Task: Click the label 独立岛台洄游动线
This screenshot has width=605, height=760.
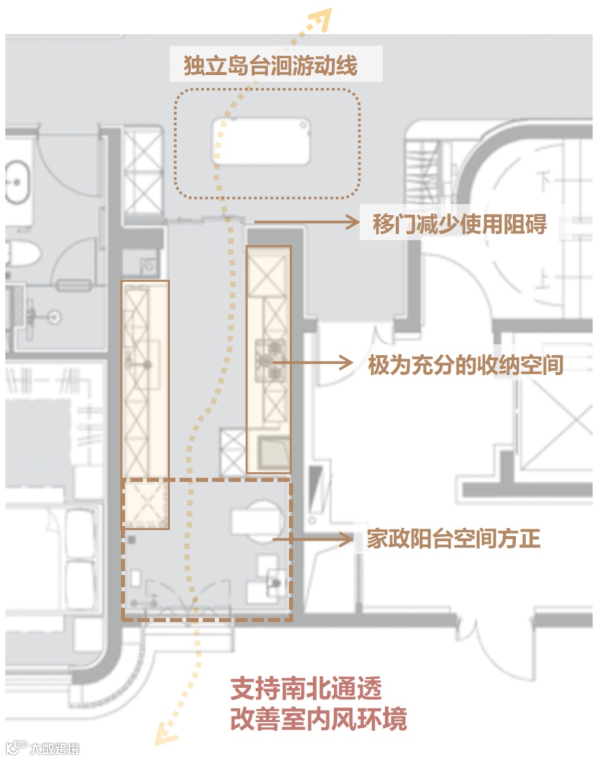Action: point(270,67)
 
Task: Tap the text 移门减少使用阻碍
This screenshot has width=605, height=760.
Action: point(459,224)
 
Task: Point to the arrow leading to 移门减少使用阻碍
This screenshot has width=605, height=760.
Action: point(306,221)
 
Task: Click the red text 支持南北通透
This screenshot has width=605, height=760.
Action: point(305,689)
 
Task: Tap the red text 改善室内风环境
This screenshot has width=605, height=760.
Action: point(318,718)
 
